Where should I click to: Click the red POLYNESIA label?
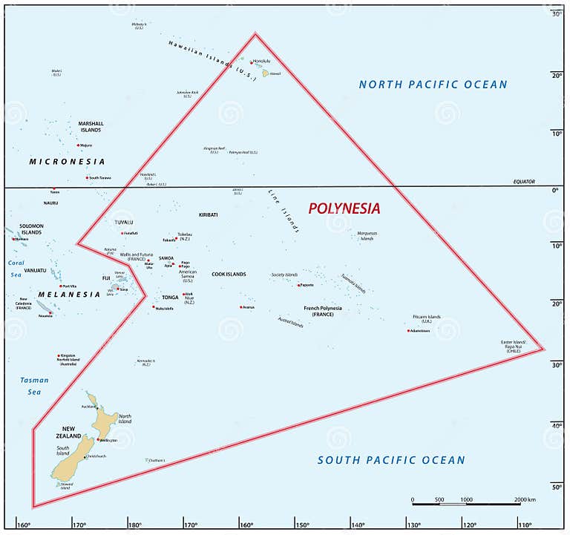click(x=344, y=209)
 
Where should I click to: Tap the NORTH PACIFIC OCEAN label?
click(x=433, y=85)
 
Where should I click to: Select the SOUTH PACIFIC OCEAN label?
click(x=391, y=460)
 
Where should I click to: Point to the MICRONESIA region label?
click(x=67, y=161)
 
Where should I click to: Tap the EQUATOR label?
click(x=523, y=182)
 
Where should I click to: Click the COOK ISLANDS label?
click(x=229, y=275)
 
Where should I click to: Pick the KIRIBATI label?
click(x=209, y=214)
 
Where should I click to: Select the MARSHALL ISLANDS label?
click(x=91, y=127)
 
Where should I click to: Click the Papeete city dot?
click(x=299, y=285)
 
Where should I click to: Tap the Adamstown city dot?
click(x=409, y=330)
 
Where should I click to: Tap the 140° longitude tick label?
click(x=358, y=525)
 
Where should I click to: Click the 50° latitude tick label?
click(x=556, y=486)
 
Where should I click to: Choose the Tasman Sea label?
click(x=34, y=386)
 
